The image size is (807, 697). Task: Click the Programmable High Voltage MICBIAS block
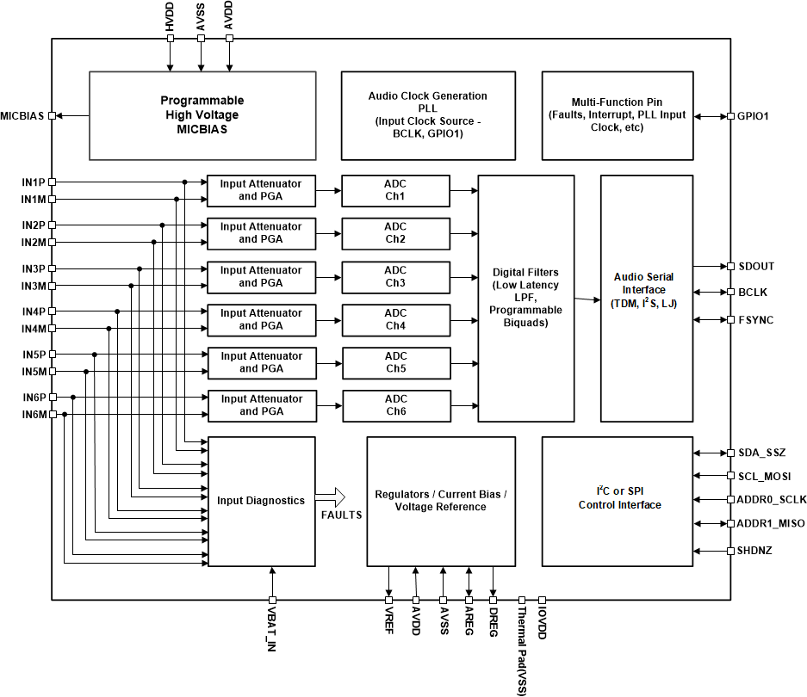202,115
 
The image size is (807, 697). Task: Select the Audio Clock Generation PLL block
427,115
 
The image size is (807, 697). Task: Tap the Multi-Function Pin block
617,115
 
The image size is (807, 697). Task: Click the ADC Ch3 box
395,277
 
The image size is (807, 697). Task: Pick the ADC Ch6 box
395,405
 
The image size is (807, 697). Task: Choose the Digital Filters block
525,298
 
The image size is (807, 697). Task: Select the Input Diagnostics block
260,501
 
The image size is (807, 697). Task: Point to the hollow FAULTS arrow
330,497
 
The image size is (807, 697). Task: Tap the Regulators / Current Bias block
440,501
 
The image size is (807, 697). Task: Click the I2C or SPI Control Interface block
617,501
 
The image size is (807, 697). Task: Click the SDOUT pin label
756,267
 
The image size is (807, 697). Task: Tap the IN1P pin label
33,182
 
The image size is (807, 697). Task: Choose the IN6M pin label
33,415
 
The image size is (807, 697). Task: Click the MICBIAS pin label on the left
23,116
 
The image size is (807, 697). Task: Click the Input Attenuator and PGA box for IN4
260,319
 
